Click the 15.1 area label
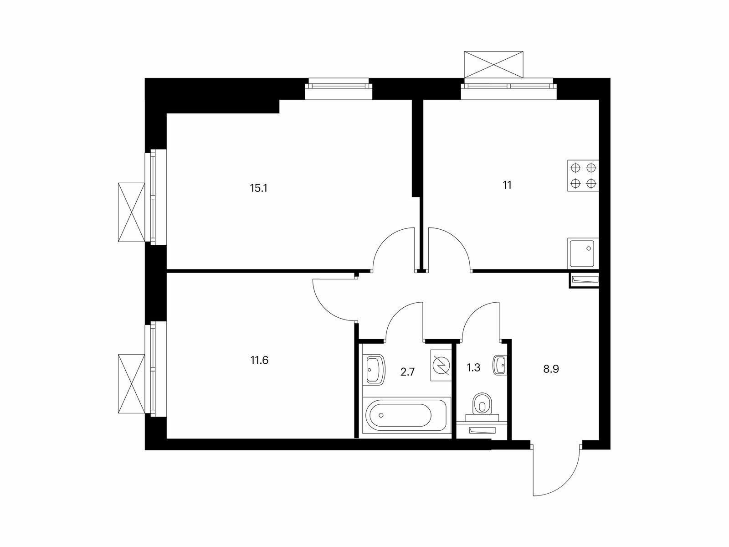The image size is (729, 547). click(x=258, y=188)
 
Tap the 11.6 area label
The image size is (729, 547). click(x=259, y=361)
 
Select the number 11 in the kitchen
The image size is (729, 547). click(x=507, y=185)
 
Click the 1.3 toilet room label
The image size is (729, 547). click(x=474, y=368)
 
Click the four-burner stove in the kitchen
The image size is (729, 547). click(x=583, y=175)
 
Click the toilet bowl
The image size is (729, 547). click(x=481, y=404)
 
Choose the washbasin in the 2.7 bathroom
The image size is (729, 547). click(x=375, y=369)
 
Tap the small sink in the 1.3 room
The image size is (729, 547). click(x=500, y=365)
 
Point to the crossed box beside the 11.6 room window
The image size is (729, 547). click(x=131, y=384)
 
